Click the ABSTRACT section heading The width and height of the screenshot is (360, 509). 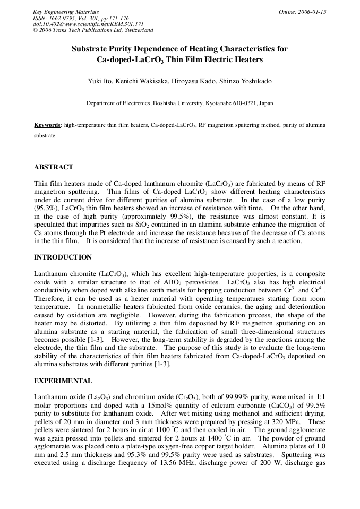tap(54, 167)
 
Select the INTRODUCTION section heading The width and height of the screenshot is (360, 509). tap(63, 257)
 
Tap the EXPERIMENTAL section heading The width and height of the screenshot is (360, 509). tap(63, 381)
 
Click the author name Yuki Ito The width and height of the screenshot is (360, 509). tap(99, 81)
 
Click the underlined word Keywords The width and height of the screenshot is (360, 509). tap(48, 125)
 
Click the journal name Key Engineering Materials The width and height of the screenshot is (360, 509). tap(66, 12)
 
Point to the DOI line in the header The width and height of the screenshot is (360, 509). tap(88, 24)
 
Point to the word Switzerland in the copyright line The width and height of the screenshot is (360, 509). tap(138, 30)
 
